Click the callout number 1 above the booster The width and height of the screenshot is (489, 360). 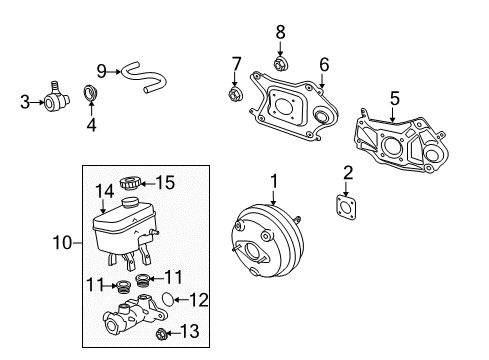click(271, 181)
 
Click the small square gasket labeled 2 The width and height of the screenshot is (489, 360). click(347, 204)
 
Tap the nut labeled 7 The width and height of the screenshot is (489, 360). click(236, 96)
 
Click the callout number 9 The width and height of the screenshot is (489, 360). click(101, 69)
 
